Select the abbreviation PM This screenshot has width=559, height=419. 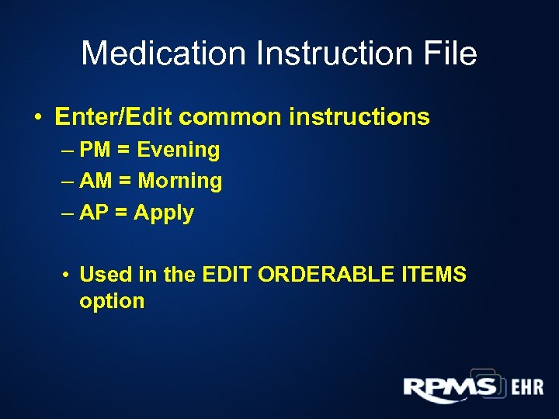[x=95, y=150]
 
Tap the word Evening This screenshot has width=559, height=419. [x=178, y=151]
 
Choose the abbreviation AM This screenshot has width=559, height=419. [x=95, y=182]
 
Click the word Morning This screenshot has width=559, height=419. [x=180, y=182]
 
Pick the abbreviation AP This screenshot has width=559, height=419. [x=94, y=213]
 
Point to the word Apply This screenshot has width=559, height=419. [x=164, y=213]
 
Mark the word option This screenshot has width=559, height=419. [x=112, y=301]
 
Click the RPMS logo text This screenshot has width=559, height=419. [x=450, y=386]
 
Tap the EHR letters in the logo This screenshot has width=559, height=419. [x=526, y=387]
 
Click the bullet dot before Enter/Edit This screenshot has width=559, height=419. [x=37, y=118]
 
